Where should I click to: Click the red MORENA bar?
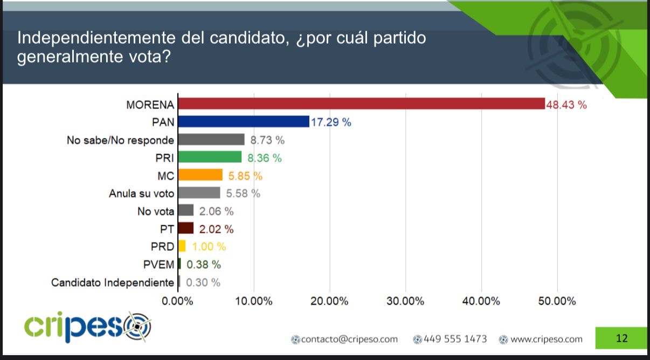361,104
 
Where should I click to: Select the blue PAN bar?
244,122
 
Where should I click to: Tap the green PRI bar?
210,157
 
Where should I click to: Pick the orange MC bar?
200,175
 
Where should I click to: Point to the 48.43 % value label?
566,105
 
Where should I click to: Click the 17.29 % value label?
330,123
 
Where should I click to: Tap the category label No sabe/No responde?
120,140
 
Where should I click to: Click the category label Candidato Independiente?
113,282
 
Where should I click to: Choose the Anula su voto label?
142,193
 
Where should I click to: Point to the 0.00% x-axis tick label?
178,301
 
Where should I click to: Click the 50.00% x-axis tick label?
557,301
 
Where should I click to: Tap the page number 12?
621,338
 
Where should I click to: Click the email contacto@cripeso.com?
349,339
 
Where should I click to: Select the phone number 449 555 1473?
455,339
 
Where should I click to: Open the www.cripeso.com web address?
546,339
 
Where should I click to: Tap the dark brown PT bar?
185,229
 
